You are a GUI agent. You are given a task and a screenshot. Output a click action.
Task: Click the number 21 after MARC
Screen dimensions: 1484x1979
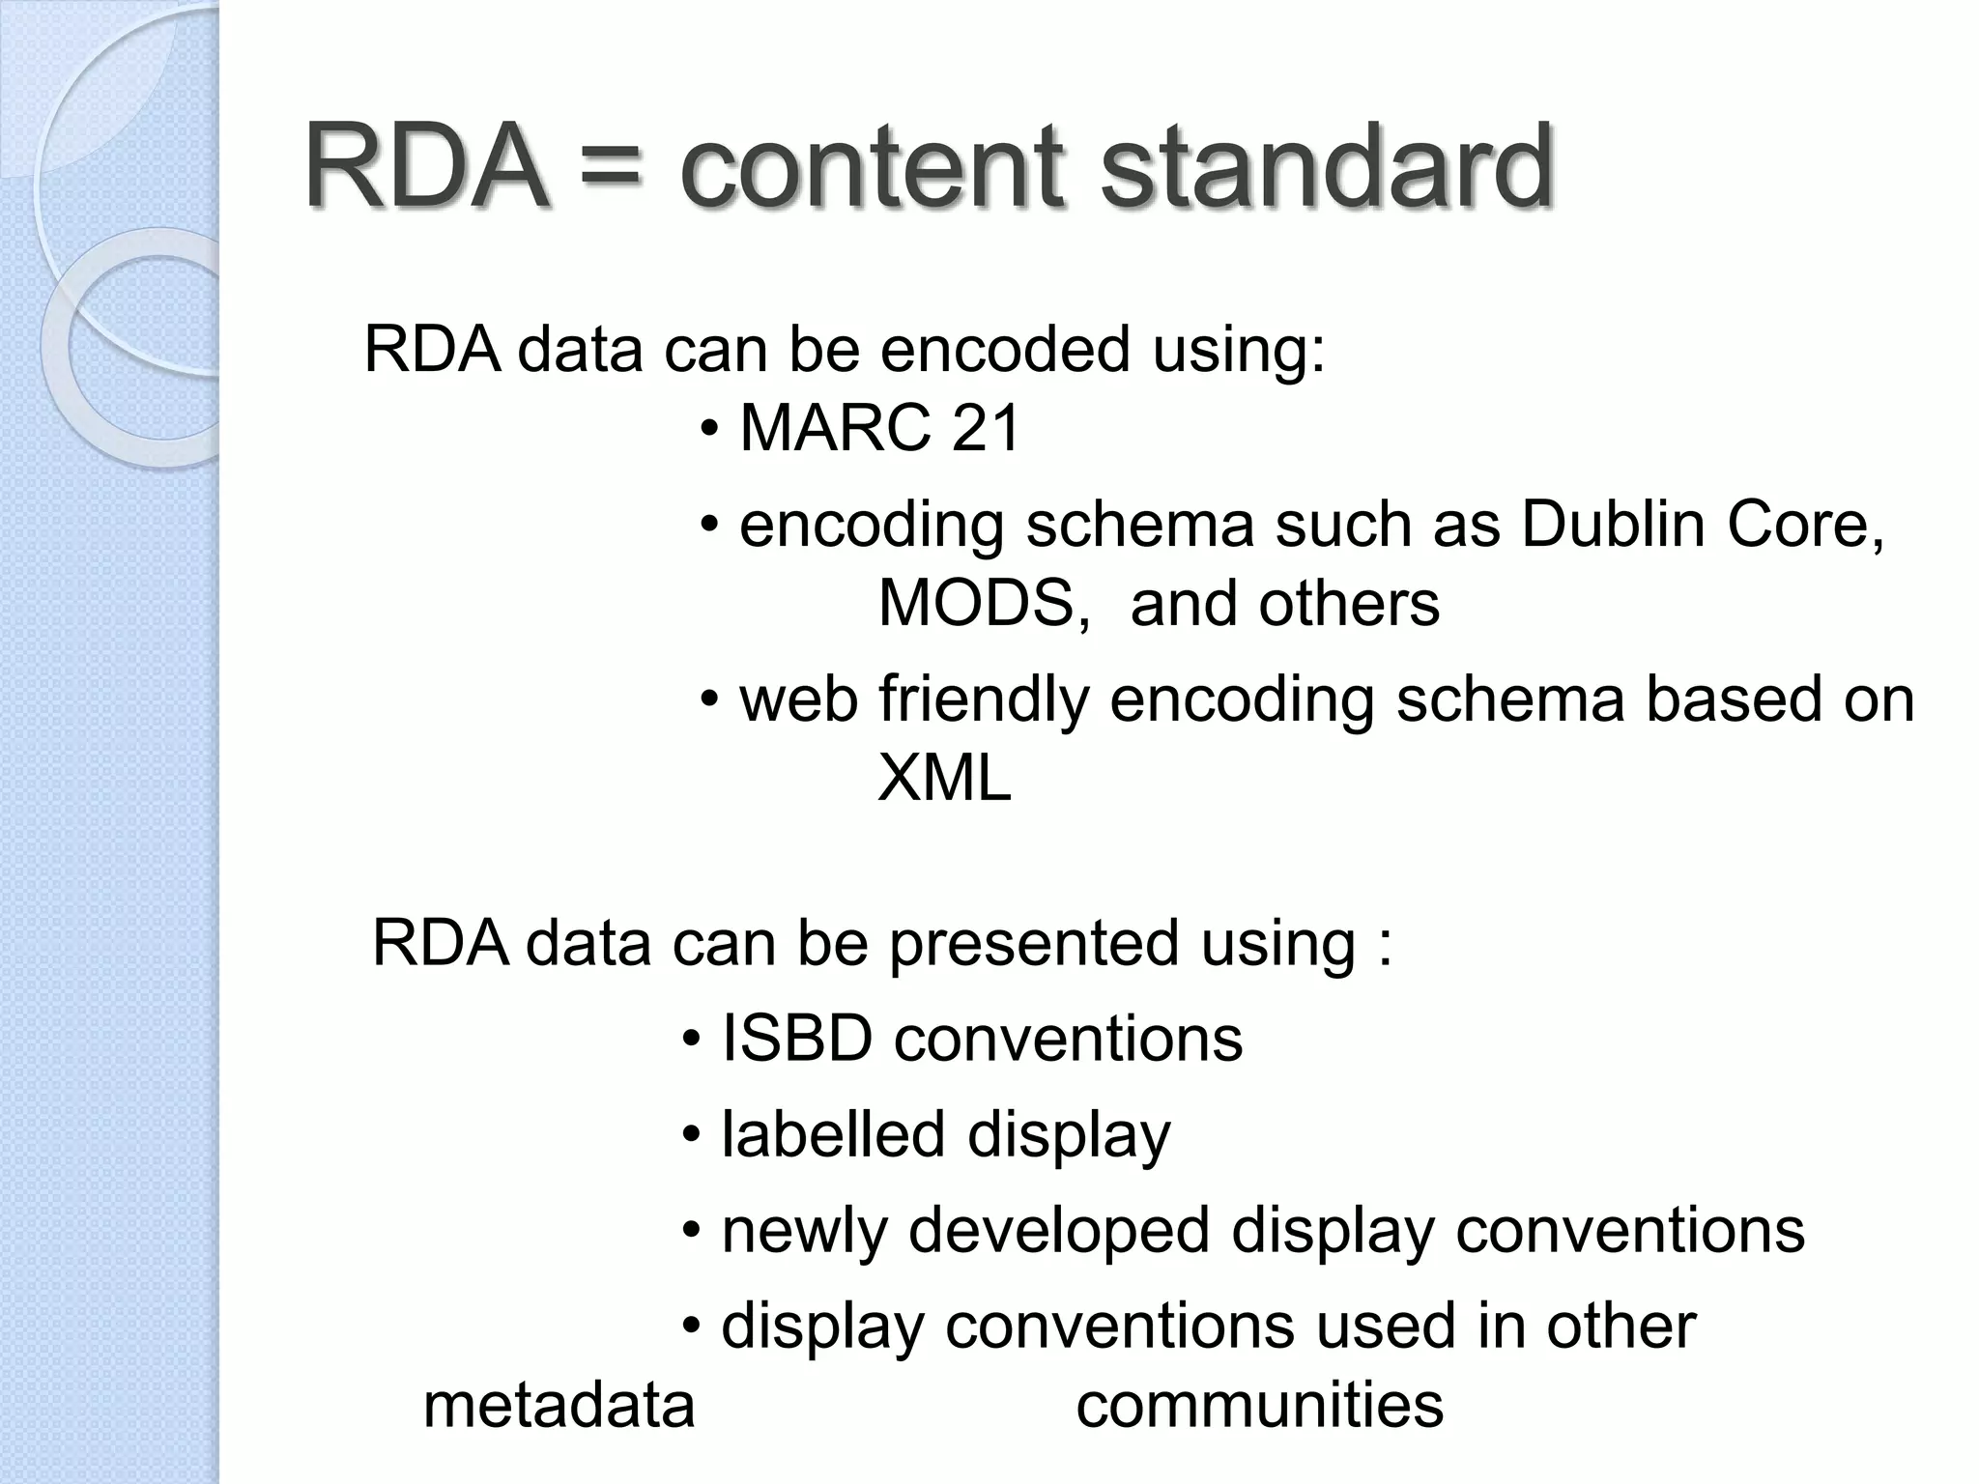pyautogui.click(x=986, y=428)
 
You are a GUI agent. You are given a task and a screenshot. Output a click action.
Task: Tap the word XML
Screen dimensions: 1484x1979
pyautogui.click(x=944, y=778)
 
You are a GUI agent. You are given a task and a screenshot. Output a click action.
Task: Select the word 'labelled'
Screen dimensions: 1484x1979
pyautogui.click(x=833, y=1134)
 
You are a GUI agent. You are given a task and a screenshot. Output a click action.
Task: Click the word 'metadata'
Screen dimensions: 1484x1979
pyautogui.click(x=559, y=1406)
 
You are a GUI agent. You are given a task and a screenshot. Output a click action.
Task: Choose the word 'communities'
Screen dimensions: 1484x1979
pyautogui.click(x=1259, y=1406)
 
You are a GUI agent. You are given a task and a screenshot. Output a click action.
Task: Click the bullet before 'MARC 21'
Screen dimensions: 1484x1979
pyautogui.click(x=710, y=429)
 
